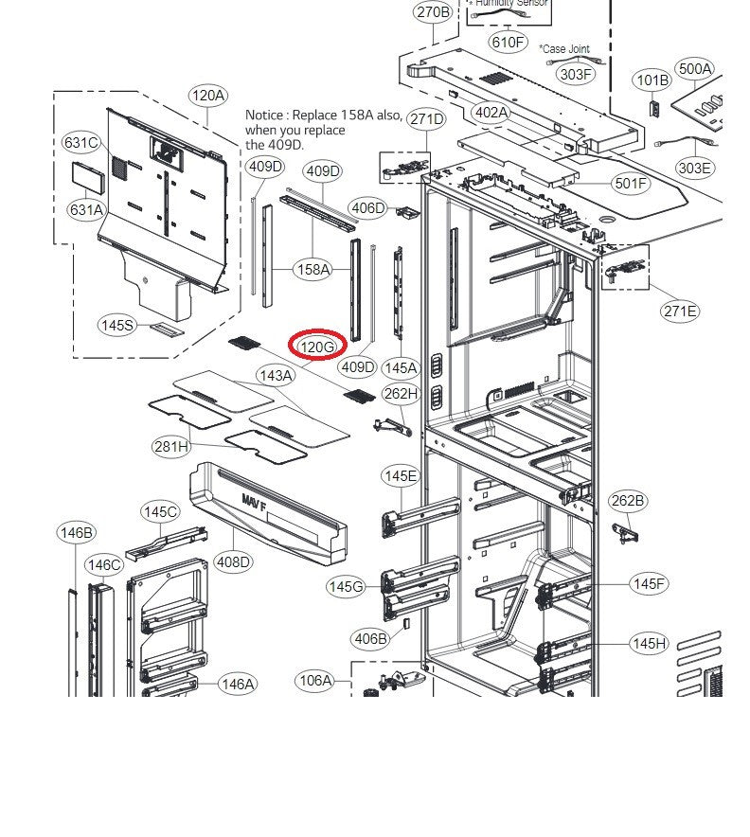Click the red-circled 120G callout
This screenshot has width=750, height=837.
pos(317,347)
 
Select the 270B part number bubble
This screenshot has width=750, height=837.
pos(433,12)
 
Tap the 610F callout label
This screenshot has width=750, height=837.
pos(507,42)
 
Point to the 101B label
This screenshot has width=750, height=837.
pos(652,80)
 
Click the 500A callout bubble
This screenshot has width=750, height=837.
pos(695,69)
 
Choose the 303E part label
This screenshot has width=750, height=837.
pos(694,168)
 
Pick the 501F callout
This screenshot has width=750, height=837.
pos(631,183)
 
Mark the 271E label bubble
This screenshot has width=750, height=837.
pos(680,311)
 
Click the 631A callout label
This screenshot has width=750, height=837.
pos(86,210)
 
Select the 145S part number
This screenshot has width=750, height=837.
pos(117,325)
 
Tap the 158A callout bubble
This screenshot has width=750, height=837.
pos(312,270)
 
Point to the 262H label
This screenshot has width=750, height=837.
pos(400,393)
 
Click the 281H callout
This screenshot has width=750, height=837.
pos(171,446)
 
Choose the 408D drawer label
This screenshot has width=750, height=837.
pos(233,561)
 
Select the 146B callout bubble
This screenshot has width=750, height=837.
pos(76,533)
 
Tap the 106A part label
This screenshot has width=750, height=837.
pos(315,680)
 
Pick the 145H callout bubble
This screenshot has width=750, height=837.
pos(649,644)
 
